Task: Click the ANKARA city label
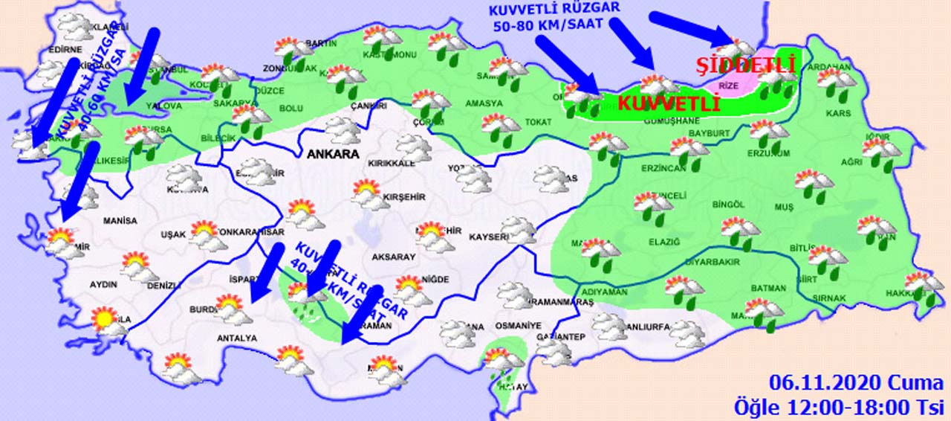point(333,155)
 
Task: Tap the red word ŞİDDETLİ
point(745,65)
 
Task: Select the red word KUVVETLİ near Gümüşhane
point(669,103)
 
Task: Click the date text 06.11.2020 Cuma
point(857,384)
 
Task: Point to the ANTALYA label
point(237,338)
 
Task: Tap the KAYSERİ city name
point(489,238)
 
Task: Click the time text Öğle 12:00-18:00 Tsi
point(839,407)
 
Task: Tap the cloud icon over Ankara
point(343,130)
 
